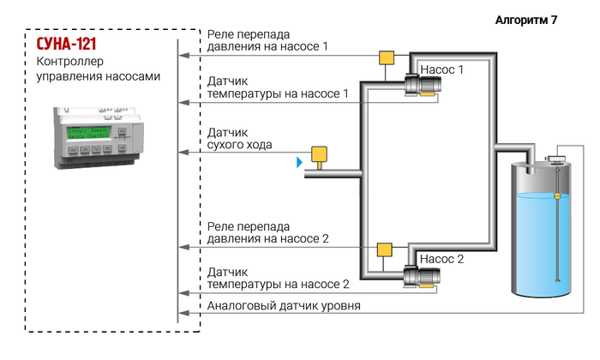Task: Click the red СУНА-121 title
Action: (x=66, y=44)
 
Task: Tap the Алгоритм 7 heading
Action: (x=526, y=20)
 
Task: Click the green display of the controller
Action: (x=89, y=133)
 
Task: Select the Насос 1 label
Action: (x=441, y=69)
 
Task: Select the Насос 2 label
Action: (x=441, y=259)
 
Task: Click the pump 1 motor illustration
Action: (x=423, y=85)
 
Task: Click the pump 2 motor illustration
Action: (x=422, y=276)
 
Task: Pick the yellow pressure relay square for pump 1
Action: (x=387, y=57)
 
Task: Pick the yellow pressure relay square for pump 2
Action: (x=385, y=249)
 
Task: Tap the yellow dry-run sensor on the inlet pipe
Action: (x=319, y=156)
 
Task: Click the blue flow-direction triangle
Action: (x=300, y=162)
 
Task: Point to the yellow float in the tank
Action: (x=557, y=196)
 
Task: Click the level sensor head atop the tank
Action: (x=556, y=159)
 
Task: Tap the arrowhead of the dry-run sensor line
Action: (x=183, y=153)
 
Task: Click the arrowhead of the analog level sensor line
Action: (x=183, y=313)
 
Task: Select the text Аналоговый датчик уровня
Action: (x=284, y=306)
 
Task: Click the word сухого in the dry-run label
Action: (x=224, y=145)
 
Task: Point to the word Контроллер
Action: (x=70, y=61)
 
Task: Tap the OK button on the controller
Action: (x=122, y=147)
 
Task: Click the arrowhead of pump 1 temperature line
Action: (x=183, y=103)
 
